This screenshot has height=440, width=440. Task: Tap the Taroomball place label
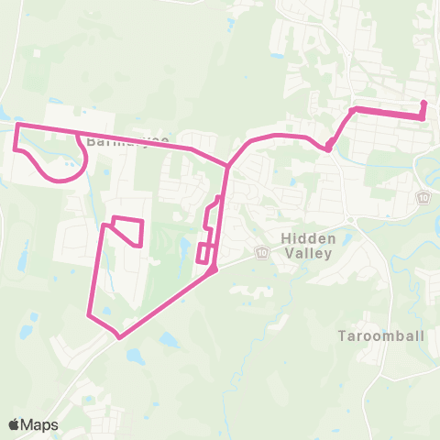[x=380, y=335]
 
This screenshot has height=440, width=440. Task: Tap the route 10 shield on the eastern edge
[x=423, y=197]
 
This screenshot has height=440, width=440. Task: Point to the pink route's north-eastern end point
[x=424, y=103]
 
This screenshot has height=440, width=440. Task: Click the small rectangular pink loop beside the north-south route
[x=203, y=253]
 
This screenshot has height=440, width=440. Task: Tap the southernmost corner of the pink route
[x=119, y=336]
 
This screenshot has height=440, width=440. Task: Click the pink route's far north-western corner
[x=19, y=124]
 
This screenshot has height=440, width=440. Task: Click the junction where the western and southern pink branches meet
[x=228, y=165]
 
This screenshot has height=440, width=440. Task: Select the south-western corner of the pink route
[x=89, y=316]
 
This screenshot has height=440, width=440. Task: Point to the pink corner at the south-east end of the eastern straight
[x=421, y=117]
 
